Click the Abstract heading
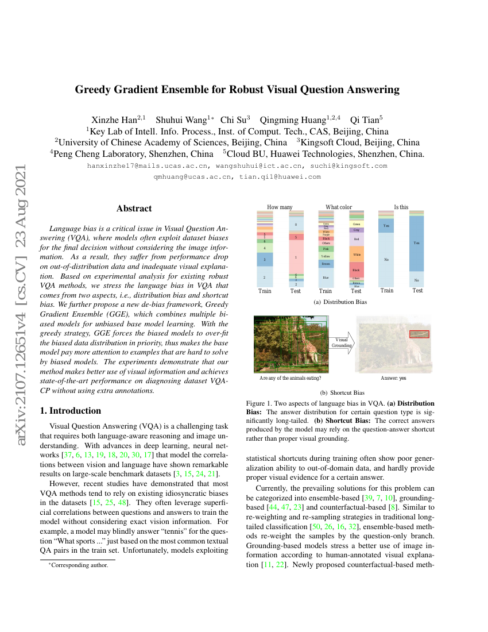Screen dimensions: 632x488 (x=134, y=209)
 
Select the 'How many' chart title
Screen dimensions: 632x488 (x=280, y=207)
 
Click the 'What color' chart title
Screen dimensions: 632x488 (x=339, y=207)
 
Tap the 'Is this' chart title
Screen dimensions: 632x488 (x=401, y=207)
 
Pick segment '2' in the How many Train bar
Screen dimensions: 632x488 (x=264, y=277)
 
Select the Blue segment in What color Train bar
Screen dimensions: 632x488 (x=326, y=278)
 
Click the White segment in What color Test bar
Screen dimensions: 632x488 (x=357, y=253)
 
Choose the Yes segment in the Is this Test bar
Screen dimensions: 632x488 (x=417, y=243)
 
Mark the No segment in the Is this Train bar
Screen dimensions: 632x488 (x=386, y=260)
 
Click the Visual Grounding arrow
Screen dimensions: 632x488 (x=342, y=343)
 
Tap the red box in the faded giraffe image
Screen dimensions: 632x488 (x=419, y=334)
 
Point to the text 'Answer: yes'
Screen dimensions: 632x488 (x=393, y=378)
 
